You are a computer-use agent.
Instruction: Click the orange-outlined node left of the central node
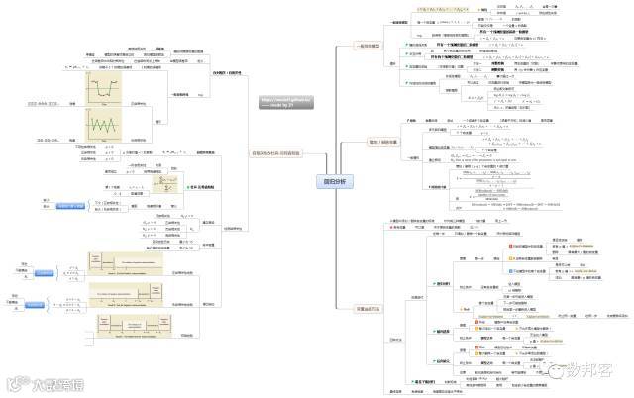pos(274,154)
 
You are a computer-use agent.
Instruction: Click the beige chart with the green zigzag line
pos(99,127)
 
